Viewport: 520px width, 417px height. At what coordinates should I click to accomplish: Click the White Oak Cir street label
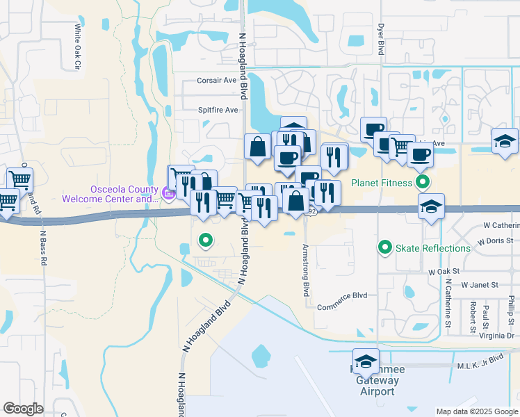point(78,47)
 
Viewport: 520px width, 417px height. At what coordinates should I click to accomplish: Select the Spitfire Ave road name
point(218,110)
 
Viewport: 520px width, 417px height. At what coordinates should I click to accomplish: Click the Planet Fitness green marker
point(422,183)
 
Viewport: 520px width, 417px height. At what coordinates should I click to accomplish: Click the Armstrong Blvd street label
point(305,270)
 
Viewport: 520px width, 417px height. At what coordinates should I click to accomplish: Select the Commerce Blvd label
point(341,306)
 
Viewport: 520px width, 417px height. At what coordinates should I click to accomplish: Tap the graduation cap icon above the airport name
point(366,360)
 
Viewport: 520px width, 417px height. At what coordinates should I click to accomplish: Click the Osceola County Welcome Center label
point(110,195)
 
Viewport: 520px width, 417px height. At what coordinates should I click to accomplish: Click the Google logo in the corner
point(23,409)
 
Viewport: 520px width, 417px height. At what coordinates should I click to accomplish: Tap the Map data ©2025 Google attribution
point(476,411)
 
